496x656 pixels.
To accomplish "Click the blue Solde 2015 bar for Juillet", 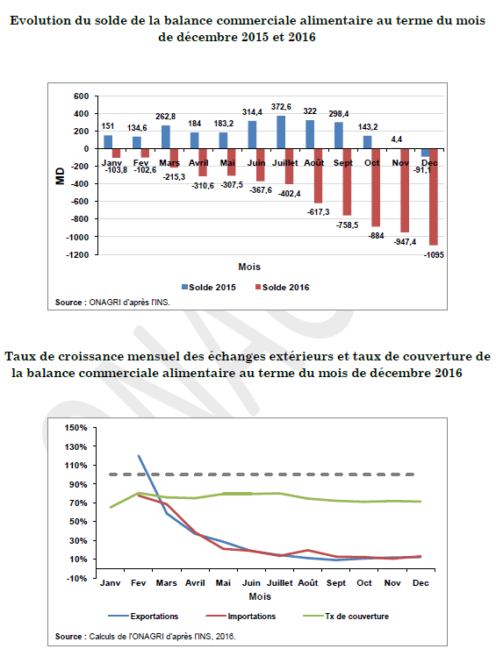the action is point(281,132).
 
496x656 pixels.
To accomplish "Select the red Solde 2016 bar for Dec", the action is point(433,196).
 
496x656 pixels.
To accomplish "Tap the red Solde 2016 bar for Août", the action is point(318,175).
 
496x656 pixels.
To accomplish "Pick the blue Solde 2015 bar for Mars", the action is point(165,137).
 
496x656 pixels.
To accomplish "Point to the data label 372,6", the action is point(281,107).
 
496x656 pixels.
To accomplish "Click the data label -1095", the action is point(434,255).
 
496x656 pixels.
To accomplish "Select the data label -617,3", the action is point(319,212).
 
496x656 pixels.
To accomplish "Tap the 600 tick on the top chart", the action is point(82,96).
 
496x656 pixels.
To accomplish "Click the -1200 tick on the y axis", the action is point(77,255).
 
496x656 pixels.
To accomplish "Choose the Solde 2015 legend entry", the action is point(209,288).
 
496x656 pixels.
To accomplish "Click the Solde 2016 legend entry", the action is point(283,288).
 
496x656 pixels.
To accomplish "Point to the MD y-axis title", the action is point(61,175).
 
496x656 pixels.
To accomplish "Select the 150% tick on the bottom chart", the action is point(75,428).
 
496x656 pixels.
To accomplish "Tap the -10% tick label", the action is point(75,578).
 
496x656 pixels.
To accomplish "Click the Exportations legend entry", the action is point(143,617).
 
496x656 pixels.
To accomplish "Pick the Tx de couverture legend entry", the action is point(346,617).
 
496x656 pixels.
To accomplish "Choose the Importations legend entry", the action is point(241,617).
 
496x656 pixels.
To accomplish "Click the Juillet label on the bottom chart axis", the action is point(280,583).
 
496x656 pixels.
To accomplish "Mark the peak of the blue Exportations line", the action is point(139,456).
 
